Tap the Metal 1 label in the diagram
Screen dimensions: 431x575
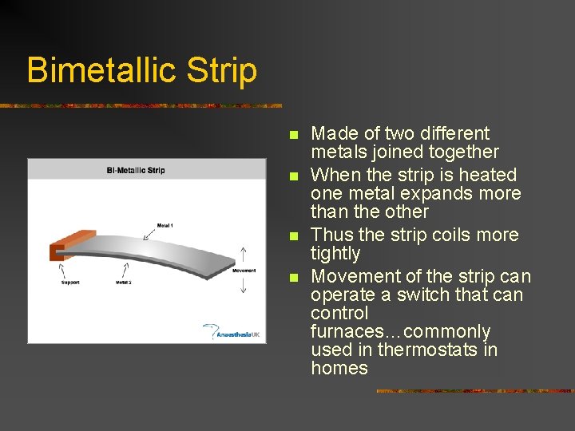coord(165,225)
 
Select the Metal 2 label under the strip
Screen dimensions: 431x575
coord(123,283)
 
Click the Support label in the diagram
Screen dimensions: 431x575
coord(69,283)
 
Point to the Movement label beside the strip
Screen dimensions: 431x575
coord(244,271)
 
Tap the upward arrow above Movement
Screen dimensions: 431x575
coord(244,255)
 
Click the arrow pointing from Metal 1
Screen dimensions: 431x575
coord(149,234)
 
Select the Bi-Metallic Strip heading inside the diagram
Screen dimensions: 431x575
coord(136,170)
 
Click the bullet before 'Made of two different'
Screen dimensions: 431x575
coord(294,135)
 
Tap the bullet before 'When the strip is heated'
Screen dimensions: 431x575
coord(294,176)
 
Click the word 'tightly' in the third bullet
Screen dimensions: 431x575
coord(335,254)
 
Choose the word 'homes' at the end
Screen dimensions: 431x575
coord(339,368)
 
